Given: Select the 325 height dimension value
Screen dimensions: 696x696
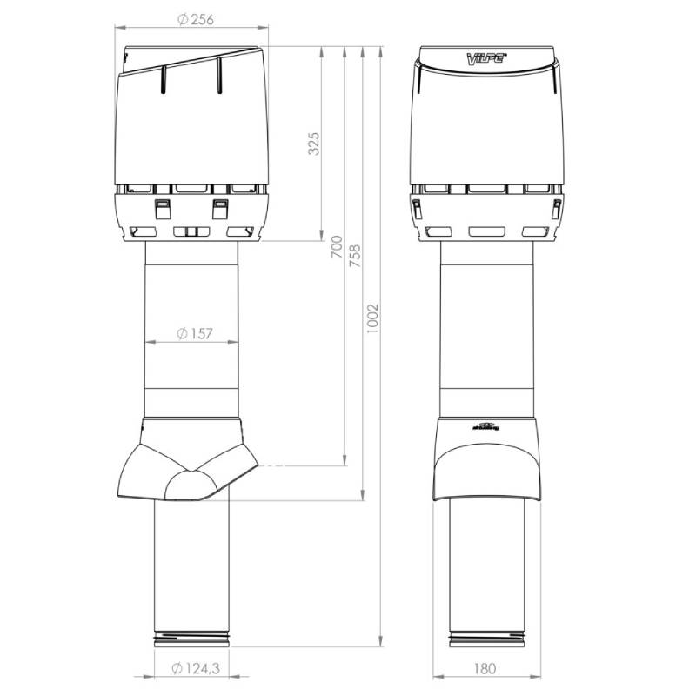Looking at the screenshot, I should click(314, 144).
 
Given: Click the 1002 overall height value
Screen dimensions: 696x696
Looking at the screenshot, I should click(372, 324).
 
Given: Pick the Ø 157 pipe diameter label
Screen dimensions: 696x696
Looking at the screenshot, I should click(194, 333).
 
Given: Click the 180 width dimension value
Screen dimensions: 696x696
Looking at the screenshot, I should click(485, 668).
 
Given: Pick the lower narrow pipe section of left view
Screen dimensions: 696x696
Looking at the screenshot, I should click(191, 565).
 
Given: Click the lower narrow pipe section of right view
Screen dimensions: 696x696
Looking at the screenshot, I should click(487, 565).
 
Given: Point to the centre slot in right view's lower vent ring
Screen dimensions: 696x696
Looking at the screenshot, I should click(486, 232).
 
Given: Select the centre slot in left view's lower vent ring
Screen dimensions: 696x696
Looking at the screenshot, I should click(191, 232).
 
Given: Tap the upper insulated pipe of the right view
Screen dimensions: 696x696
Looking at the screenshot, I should click(487, 331).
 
